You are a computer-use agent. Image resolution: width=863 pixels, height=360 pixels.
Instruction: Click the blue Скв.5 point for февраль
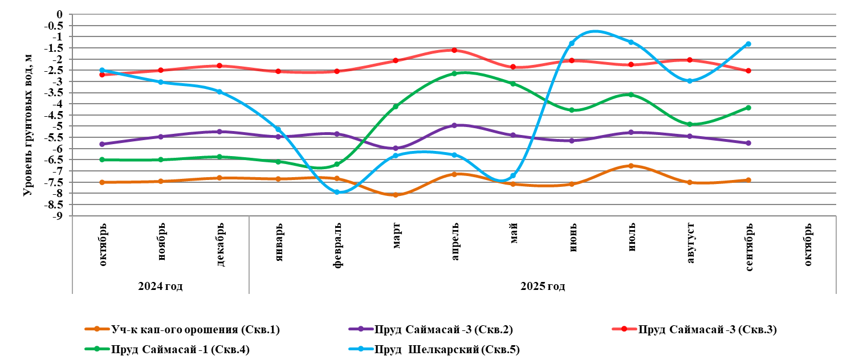coord(337,192)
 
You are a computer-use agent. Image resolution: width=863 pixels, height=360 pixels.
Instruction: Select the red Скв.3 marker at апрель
coord(454,50)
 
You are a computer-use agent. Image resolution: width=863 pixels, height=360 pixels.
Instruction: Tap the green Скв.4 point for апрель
coord(454,73)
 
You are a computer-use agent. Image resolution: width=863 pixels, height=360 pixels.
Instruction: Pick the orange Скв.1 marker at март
coord(396,195)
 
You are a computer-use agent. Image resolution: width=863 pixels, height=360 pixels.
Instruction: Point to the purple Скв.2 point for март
coord(396,148)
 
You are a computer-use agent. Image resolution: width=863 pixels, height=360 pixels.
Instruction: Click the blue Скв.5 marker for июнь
coord(572,43)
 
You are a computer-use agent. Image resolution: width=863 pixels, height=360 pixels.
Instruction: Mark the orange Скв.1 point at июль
coord(630,166)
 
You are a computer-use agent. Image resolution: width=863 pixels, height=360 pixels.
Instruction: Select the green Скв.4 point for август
coord(689,124)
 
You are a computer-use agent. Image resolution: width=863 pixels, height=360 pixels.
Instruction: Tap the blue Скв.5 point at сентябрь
coord(748,44)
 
